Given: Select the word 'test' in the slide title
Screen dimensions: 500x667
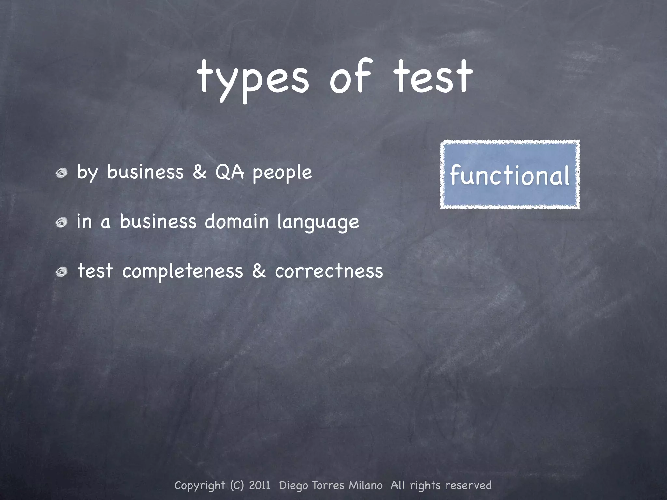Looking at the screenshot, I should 433,77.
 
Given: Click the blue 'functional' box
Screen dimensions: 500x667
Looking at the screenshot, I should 510,174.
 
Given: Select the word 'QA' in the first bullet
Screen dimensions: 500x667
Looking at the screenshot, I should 229,172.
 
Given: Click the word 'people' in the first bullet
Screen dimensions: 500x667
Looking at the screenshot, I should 282,173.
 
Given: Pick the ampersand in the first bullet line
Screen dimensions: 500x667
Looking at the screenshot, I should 200,172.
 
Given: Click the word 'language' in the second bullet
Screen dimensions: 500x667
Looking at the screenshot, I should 318,223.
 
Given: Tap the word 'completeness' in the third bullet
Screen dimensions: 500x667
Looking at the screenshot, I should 183,271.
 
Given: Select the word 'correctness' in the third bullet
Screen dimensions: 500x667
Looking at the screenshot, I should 329,271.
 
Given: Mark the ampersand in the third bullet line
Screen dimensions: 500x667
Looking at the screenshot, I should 259,271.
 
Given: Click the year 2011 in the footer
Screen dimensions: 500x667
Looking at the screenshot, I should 260,485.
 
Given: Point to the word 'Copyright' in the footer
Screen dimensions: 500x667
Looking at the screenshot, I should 200,486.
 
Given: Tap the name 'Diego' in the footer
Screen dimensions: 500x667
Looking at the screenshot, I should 294,486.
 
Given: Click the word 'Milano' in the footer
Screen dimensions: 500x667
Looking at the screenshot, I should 366,485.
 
